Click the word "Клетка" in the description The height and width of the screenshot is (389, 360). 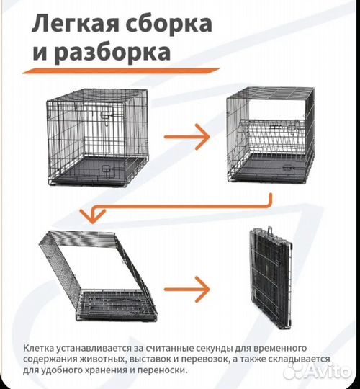pos(38,346)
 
